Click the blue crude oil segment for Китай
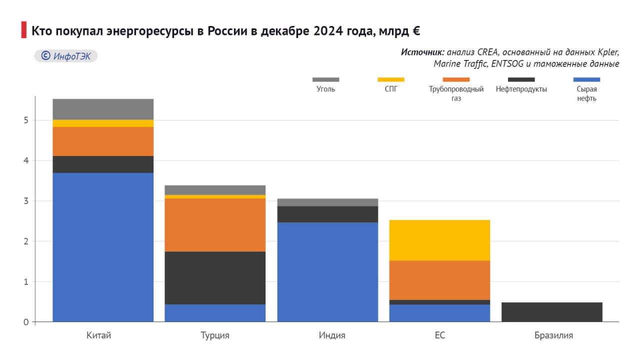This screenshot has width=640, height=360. [103, 247]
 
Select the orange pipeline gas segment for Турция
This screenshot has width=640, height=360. [215, 225]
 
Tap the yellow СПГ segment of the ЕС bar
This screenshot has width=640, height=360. [439, 240]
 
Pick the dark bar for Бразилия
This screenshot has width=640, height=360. [551, 312]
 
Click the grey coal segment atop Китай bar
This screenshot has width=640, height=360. [103, 109]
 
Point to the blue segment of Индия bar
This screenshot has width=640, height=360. [327, 272]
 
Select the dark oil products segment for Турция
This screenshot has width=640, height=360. [215, 277]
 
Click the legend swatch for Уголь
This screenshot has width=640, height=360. [325, 79]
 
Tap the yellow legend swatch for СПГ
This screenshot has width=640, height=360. [391, 79]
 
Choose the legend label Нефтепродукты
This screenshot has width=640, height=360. [521, 89]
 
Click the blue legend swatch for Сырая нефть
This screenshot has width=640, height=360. [586, 79]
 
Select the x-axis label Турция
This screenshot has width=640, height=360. [215, 335]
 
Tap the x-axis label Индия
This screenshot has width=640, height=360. [332, 335]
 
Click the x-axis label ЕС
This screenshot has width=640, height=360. [439, 335]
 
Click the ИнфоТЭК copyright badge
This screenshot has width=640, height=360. [65, 56]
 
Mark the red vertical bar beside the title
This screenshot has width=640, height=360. [23, 30]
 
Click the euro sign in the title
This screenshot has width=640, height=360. [415, 31]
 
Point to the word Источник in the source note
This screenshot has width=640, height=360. [422, 52]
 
